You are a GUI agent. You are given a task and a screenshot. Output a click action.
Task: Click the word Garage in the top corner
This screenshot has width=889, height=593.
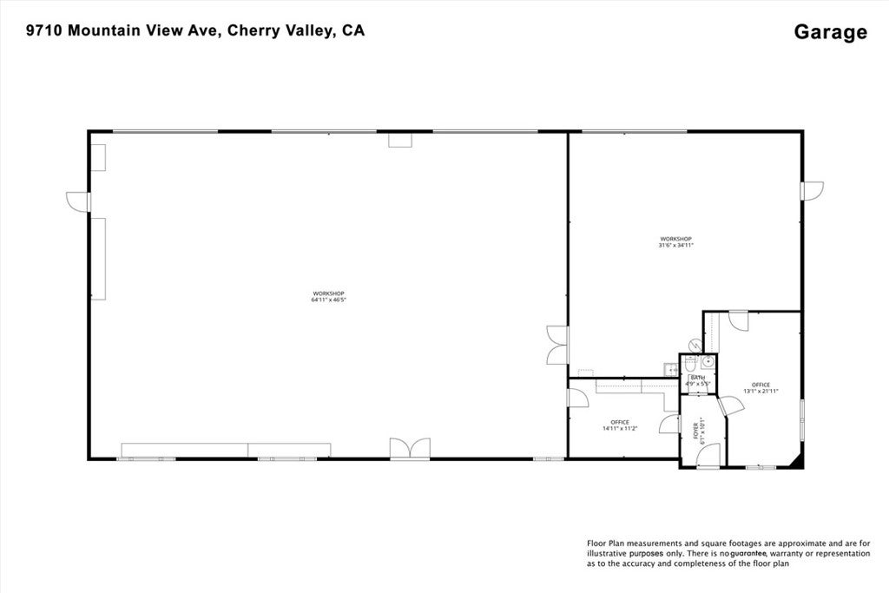pos(830,32)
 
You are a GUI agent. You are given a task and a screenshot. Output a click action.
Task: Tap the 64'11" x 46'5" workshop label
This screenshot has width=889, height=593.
pos(328,297)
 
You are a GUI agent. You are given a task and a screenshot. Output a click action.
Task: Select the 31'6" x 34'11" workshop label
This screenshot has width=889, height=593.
pos(675,242)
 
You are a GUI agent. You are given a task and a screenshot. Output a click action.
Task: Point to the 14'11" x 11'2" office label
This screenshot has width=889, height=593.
pos(619,425)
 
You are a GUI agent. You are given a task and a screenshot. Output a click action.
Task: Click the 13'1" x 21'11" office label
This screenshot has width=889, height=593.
pos(761,388)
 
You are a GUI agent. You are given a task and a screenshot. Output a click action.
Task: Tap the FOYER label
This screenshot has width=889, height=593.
pos(701,431)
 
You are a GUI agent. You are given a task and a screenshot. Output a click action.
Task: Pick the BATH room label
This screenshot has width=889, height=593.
pos(698,380)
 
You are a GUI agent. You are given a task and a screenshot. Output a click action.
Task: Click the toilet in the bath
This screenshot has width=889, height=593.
pos(693,345)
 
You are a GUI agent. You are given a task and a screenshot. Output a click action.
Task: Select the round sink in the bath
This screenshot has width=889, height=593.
pos(708,361)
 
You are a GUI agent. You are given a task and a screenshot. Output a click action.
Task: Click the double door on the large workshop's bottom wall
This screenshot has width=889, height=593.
pos(410,448)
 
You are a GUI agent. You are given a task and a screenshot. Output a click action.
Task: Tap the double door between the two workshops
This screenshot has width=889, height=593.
pos(556,345)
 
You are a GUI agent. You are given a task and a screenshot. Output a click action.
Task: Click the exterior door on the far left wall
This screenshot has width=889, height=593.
pos(78,201)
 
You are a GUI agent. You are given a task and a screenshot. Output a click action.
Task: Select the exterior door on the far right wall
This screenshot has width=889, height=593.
pos(813,191)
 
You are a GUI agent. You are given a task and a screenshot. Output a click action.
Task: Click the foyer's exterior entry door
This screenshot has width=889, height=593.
pos(708,457)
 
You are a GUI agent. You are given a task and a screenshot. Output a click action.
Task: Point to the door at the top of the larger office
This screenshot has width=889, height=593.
pos(738,320)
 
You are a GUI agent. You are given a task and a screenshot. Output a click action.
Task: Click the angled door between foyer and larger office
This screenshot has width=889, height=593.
pos(729,405)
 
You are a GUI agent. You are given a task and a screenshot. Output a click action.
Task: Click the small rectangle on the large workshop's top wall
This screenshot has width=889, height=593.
pos(399,140)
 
